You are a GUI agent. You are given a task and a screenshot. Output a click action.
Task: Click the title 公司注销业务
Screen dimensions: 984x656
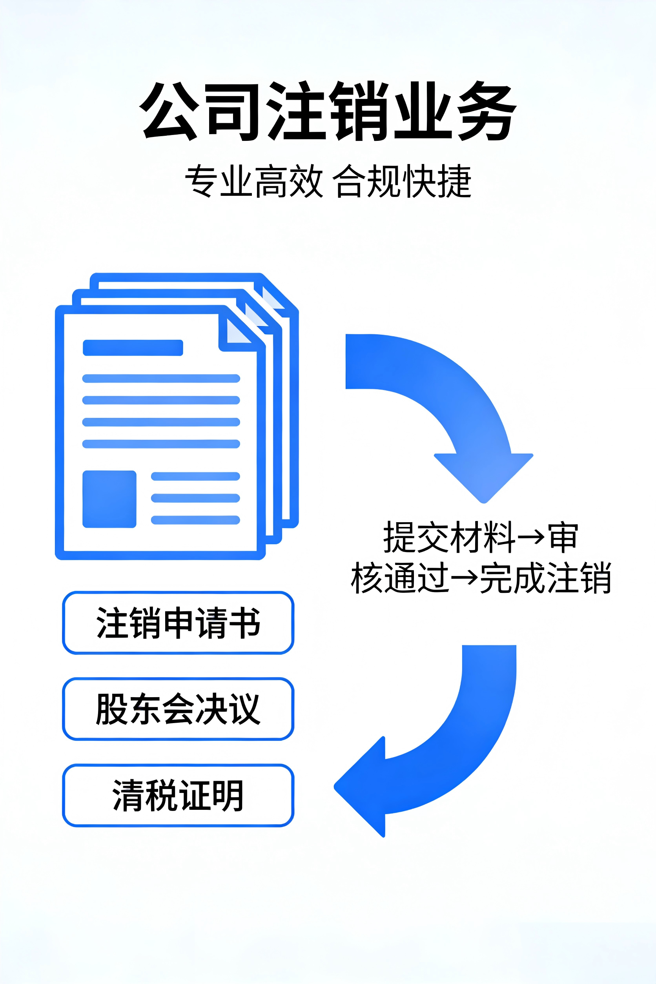(328, 111)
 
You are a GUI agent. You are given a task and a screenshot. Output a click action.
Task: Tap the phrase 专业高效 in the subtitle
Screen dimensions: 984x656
(253, 181)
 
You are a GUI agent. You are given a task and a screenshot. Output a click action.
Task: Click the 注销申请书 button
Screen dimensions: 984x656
(178, 623)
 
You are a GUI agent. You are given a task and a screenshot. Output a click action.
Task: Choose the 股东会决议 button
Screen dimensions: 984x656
(178, 709)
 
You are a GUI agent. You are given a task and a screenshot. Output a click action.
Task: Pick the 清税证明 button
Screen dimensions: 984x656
(178, 795)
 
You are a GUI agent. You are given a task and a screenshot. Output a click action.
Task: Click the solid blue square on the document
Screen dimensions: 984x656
(109, 499)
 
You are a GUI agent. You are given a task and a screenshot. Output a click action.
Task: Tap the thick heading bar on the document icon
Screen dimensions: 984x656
(133, 348)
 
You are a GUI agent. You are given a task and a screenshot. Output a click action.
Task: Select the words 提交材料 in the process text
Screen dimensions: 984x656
(449, 537)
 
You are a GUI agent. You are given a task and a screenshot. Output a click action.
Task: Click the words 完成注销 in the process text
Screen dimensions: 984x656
(545, 578)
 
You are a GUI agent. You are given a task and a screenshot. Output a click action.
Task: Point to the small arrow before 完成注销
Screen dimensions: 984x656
(465, 578)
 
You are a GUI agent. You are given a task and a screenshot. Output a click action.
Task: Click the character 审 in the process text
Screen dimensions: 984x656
(563, 537)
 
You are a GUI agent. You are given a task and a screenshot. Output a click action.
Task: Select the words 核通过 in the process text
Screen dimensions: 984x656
(400, 578)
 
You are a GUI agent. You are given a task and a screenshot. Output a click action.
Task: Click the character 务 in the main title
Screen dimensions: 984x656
(488, 111)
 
